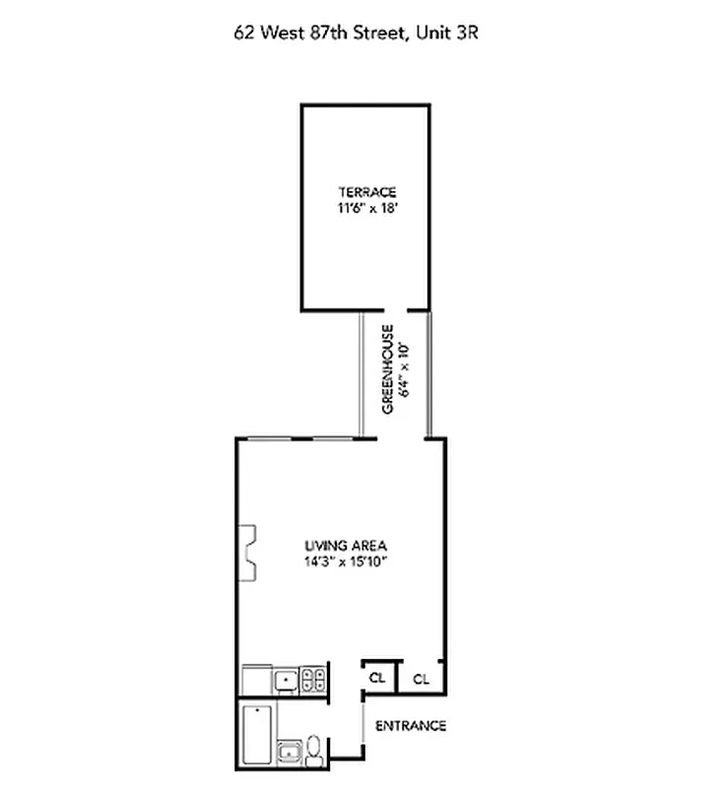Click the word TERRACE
coord(366,191)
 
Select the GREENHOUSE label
coord(388,369)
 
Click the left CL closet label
coord(377,678)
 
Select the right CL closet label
coord(421,678)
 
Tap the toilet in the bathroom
coord(313,749)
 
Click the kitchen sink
coord(287,679)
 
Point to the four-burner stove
coord(315,679)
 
